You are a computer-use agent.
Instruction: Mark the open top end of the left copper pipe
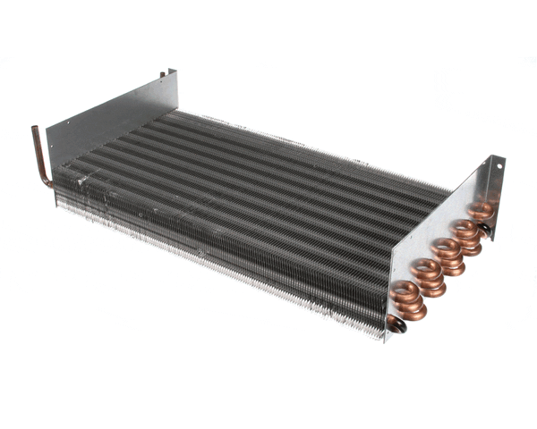coord(36,130)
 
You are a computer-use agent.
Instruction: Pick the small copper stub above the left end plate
coord(162,74)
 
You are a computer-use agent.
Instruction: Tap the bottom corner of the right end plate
coord(388,339)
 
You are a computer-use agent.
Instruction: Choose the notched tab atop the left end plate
coord(169,75)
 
